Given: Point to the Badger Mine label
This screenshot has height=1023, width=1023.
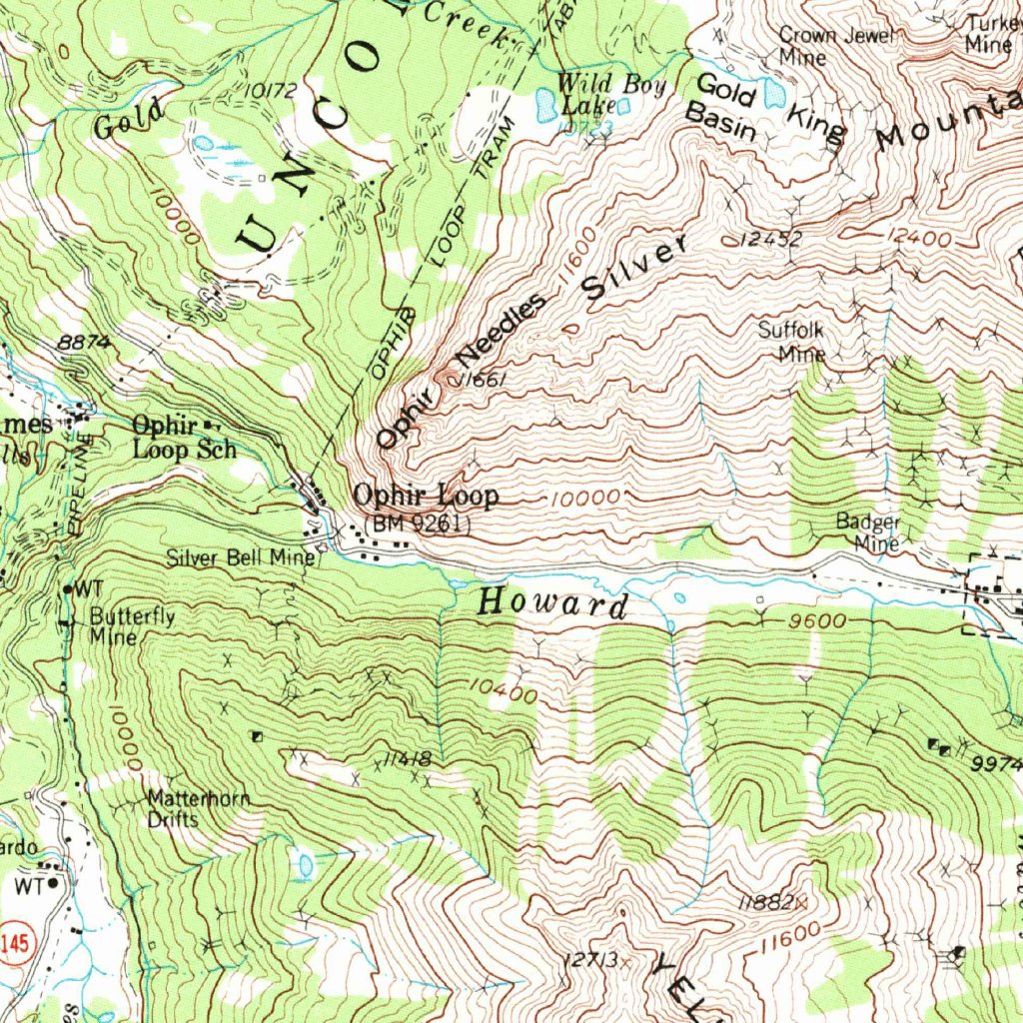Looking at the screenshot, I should click(868, 532).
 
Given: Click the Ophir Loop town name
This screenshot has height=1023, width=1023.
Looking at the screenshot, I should click(426, 496).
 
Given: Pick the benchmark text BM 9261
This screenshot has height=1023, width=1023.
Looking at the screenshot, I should click(418, 521).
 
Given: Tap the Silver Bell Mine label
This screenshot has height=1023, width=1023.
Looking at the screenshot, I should click(240, 558).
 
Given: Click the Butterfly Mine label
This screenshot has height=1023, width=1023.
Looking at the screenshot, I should click(131, 626).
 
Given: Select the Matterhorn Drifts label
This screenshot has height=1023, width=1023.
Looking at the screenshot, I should click(198, 809).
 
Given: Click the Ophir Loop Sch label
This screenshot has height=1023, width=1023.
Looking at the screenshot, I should click(184, 438).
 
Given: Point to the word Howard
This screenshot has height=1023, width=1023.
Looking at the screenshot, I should click(552, 603).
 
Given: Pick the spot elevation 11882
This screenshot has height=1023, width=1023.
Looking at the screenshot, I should click(766, 902).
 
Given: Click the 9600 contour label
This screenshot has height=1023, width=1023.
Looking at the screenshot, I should click(816, 621).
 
